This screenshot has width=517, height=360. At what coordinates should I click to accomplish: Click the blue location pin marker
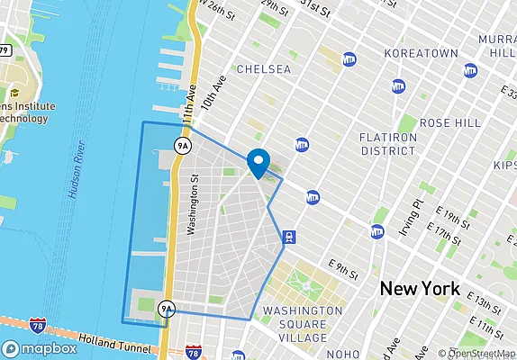pyautogui.click(x=258, y=162)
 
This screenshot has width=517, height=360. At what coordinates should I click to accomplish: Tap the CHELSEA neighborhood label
pyautogui.click(x=263, y=68)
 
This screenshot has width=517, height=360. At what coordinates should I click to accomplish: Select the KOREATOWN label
pyautogui.click(x=421, y=54)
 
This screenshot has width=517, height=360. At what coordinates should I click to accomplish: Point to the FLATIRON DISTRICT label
pyautogui.click(x=387, y=144)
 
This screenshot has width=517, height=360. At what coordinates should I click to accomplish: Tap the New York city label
pyautogui.click(x=420, y=289)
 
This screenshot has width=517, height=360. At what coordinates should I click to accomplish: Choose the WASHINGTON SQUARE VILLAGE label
pyautogui.click(x=303, y=324)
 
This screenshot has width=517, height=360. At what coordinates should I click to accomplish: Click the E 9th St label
pyautogui.click(x=343, y=267)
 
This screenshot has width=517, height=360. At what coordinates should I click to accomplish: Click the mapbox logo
pyautogui.click(x=40, y=348)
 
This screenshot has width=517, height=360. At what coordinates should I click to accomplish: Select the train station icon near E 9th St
pyautogui.click(x=288, y=238)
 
